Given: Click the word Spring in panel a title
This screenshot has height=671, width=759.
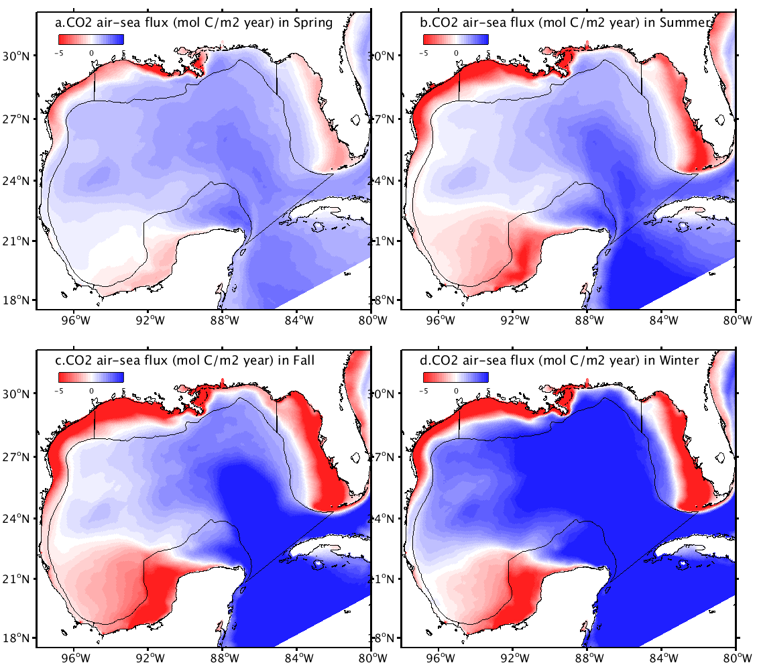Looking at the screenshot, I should click(314, 23).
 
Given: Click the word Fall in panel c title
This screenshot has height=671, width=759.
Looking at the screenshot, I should click(304, 361).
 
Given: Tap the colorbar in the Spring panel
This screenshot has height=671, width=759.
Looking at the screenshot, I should click(91, 39).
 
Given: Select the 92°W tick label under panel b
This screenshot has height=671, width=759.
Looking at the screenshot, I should click(513, 320).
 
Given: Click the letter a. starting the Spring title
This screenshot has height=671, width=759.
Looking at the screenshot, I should click(59, 23).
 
